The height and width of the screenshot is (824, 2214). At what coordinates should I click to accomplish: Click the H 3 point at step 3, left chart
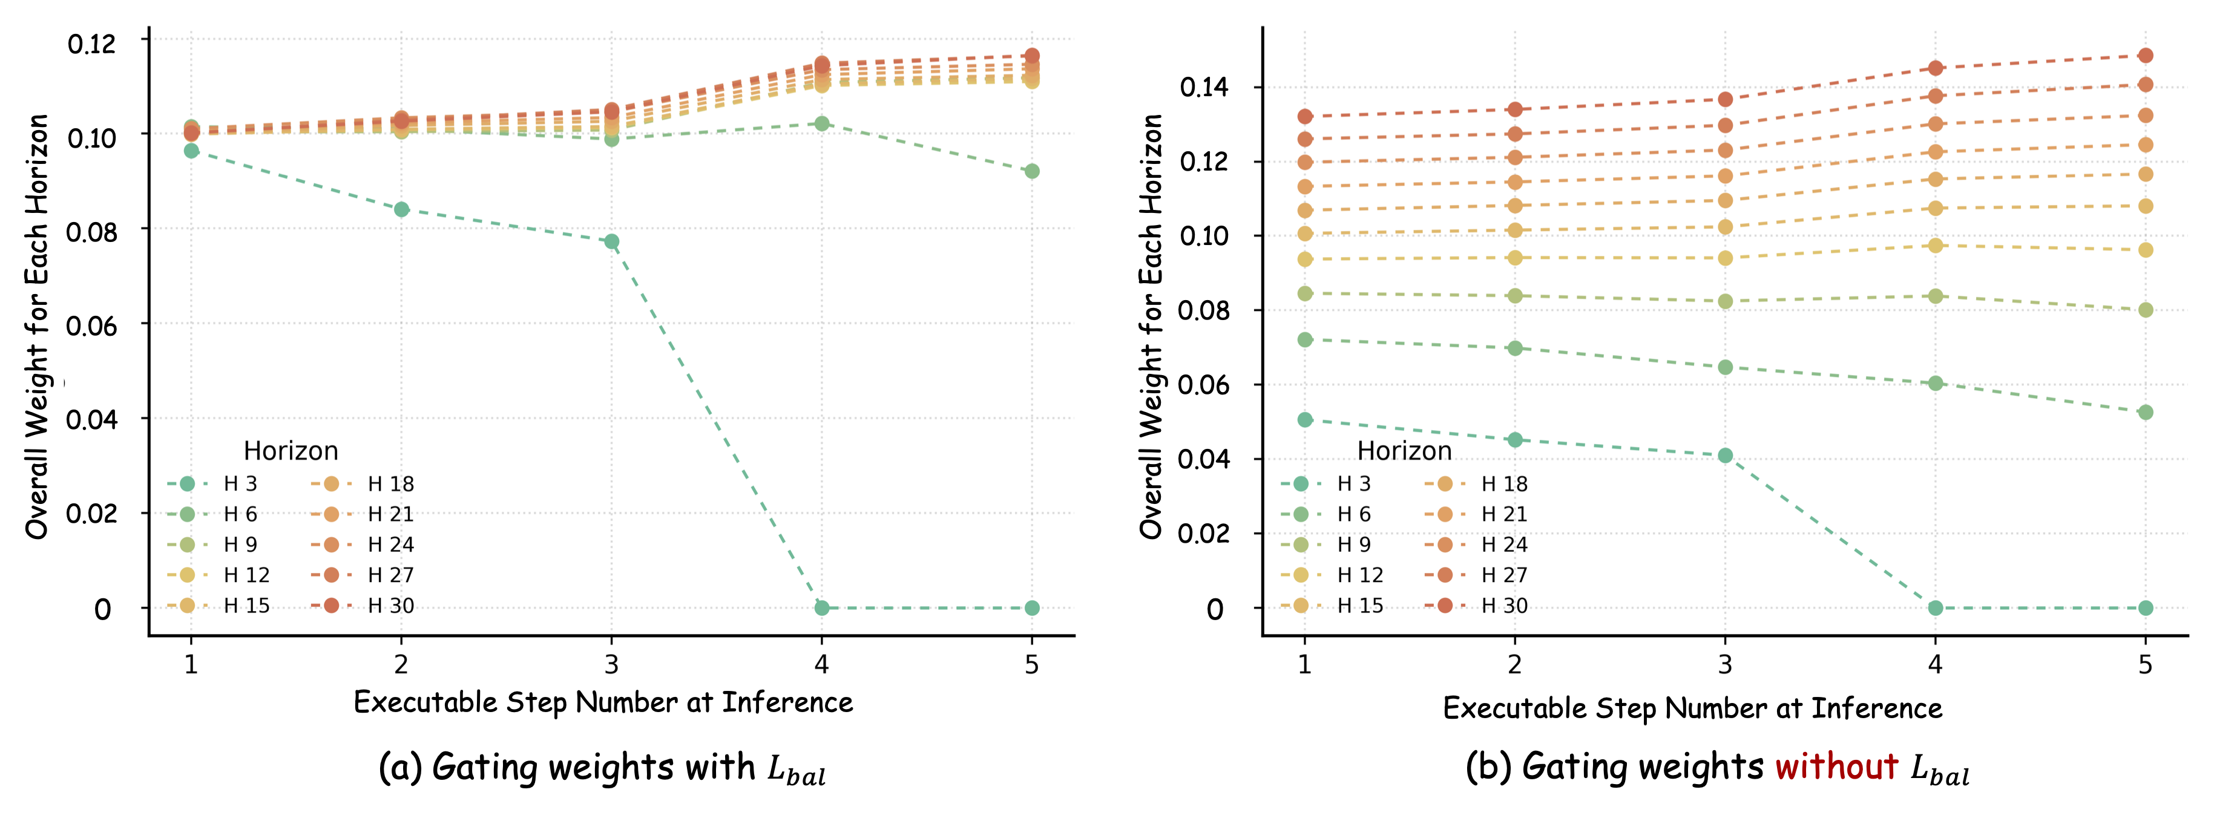pos(611,241)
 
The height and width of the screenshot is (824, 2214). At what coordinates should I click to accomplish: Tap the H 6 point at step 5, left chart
pos(1031,171)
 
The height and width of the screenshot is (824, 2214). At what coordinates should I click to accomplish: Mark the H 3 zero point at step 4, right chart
pos(1934,607)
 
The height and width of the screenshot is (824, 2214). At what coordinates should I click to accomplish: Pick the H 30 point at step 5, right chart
pos(2145,55)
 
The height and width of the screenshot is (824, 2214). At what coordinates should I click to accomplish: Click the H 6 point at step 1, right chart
pos(1305,339)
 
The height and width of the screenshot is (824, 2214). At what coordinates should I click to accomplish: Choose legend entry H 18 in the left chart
pos(390,484)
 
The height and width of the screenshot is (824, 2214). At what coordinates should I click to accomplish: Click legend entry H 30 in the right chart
pos(1504,606)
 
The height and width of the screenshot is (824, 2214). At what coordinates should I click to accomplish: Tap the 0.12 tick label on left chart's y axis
pos(91,43)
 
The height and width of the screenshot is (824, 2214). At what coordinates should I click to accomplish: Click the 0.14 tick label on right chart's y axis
pos(1203,87)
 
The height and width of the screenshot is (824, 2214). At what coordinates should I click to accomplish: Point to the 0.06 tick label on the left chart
pos(91,325)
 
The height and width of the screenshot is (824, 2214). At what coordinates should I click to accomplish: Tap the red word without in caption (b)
pos(1836,767)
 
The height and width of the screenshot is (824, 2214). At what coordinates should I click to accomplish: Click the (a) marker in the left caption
pos(399,767)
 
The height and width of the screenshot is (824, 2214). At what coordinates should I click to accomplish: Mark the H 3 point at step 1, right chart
pos(1305,419)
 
